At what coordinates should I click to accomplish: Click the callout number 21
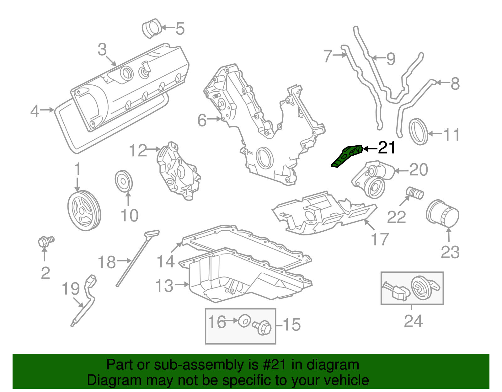387,148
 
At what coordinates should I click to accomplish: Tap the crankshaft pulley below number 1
84,211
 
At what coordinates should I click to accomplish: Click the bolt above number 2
45,241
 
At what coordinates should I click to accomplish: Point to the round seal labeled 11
419,132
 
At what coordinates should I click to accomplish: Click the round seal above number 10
124,181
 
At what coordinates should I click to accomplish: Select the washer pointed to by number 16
244,321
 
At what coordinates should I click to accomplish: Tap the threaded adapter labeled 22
415,192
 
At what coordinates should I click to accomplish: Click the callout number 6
202,120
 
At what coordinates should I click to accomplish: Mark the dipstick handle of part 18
152,234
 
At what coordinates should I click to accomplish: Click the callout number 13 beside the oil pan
164,286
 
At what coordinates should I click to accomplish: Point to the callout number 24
413,321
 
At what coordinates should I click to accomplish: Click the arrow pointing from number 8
442,83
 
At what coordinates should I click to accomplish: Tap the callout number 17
380,239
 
